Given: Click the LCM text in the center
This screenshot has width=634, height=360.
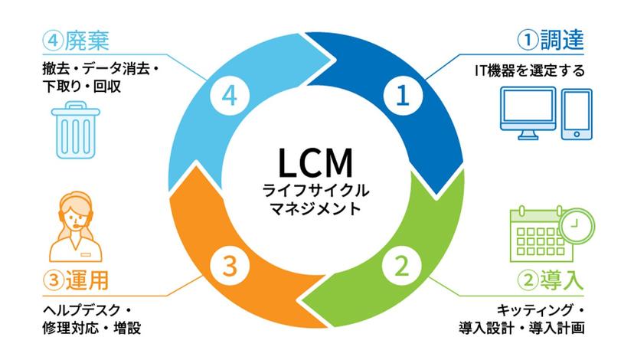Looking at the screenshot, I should pos(315,162).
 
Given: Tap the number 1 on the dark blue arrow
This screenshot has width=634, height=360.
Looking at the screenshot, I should pos(402,96).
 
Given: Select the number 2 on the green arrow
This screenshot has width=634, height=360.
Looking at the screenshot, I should pos(401,267).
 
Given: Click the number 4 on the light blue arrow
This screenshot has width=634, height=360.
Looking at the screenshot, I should pos(227,96).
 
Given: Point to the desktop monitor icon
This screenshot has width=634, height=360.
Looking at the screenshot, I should pos(528,113).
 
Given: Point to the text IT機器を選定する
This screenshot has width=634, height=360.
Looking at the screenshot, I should pos(529,71).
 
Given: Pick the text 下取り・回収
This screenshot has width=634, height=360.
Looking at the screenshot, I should pos(83,87).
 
